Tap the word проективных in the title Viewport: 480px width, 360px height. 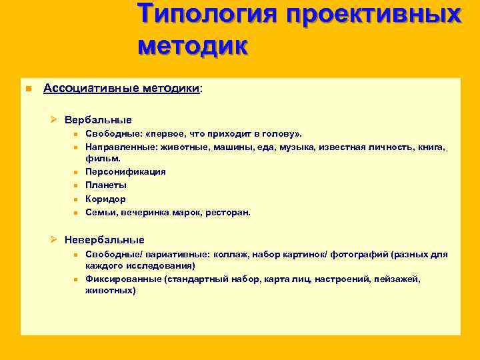pos(373,15)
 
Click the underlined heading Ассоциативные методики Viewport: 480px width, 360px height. pos(121,89)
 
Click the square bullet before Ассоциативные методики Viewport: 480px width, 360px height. pos(28,89)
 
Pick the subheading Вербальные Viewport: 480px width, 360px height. pos(98,121)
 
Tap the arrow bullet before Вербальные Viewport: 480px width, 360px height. pos(55,121)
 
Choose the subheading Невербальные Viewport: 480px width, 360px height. pos(104,240)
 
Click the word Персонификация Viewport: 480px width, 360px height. pos(125,171)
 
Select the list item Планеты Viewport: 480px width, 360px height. pos(106,185)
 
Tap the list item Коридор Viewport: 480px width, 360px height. pos(105,199)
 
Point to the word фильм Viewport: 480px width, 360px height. pos(102,159)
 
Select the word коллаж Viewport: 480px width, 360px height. pos(231,255)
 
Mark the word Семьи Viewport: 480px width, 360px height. pos(99,213)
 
